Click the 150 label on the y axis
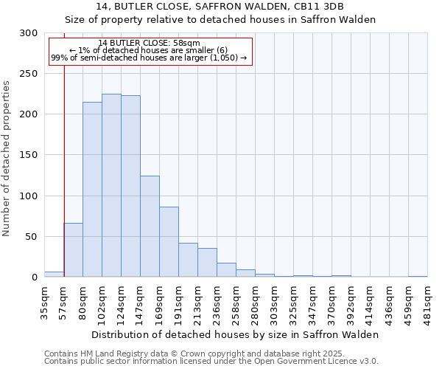click(x=28, y=156)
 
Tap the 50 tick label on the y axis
click(x=31, y=237)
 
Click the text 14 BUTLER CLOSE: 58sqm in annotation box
click(x=149, y=43)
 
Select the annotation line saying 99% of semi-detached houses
click(x=149, y=58)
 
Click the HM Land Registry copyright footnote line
click(x=206, y=354)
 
